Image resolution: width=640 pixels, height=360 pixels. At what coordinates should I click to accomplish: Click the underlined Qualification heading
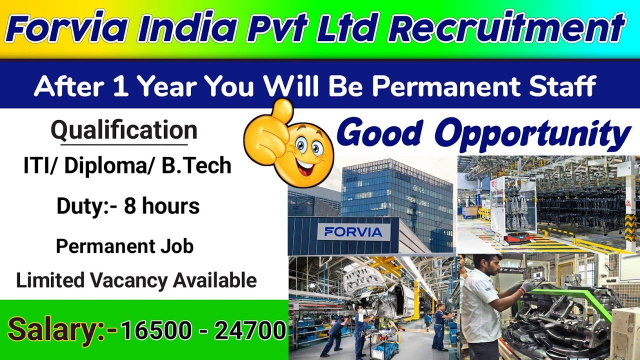(124, 131)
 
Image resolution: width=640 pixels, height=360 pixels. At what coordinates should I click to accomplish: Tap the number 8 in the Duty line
(130, 206)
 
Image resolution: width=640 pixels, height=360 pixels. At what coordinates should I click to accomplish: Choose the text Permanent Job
(124, 246)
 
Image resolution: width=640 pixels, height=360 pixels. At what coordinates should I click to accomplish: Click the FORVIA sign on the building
(353, 231)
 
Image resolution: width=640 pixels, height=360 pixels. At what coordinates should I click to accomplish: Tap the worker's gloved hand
(528, 285)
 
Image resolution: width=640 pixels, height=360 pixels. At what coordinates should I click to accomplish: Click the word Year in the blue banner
(167, 87)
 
